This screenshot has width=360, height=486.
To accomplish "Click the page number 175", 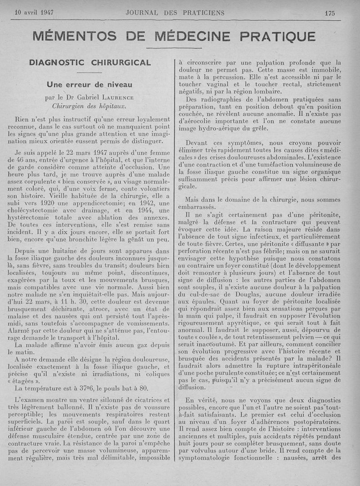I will (330, 13).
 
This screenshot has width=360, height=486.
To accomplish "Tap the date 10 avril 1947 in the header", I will (34, 13).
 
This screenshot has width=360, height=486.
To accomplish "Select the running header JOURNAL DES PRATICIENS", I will (175, 13).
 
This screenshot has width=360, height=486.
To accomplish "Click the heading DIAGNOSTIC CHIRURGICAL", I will (90, 63).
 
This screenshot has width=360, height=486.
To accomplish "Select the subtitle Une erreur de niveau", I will (90, 84).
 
